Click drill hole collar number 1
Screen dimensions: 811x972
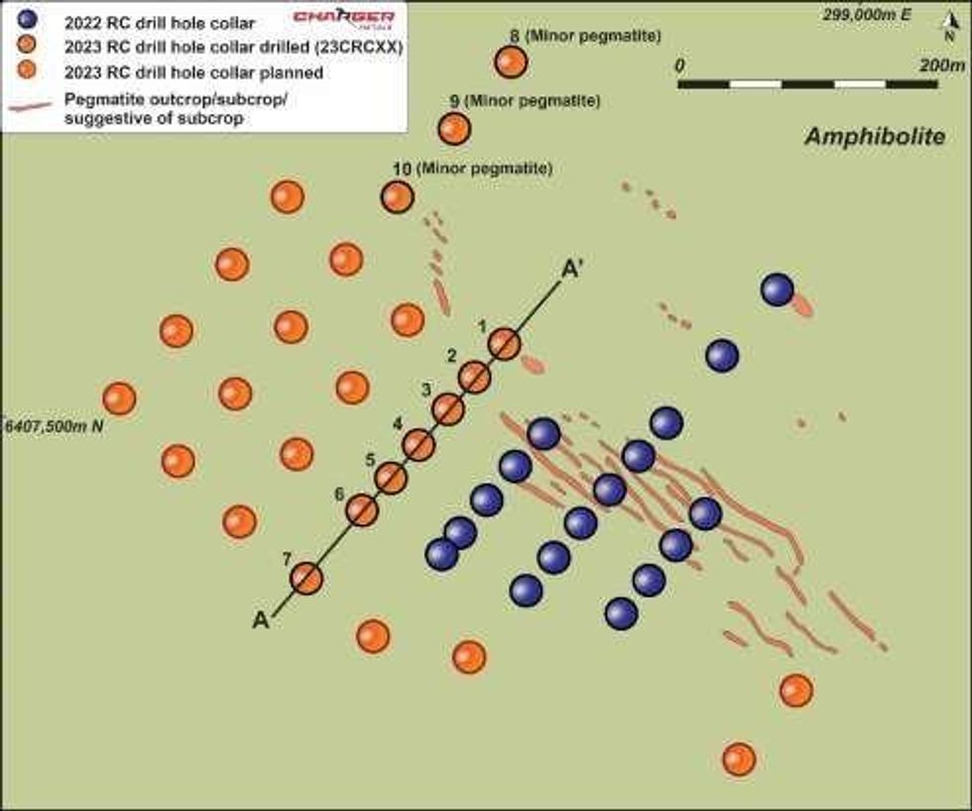coord(504,344)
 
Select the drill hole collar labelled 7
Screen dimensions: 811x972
coord(307,578)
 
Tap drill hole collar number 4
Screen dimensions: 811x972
coord(419,445)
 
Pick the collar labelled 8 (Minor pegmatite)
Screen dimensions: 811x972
coord(511,62)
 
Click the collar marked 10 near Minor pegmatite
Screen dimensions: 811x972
coord(397,196)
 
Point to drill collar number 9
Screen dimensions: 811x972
coord(453,128)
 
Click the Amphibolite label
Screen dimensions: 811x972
coord(874,137)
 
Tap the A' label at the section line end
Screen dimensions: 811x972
coord(572,269)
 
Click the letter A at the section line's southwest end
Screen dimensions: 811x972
coord(261,621)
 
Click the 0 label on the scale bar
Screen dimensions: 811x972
coord(679,64)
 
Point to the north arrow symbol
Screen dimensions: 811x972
coord(949,28)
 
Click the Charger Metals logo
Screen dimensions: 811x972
coord(357,18)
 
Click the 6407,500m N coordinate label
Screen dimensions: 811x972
coord(55,425)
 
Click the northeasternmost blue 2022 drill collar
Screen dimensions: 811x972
coord(777,290)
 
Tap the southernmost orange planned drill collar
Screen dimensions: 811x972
coord(738,759)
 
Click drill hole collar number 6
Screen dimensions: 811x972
coord(362,511)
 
